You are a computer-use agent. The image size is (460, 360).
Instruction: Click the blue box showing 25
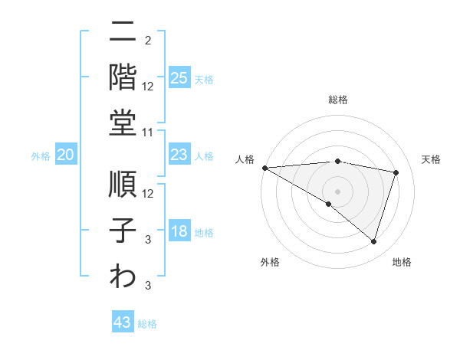[179, 77]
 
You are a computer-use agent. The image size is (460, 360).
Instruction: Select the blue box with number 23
[179, 155]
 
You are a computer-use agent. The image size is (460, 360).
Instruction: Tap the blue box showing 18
[179, 232]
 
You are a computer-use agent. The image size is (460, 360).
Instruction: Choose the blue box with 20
[66, 155]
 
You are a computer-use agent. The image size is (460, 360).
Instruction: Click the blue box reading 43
[123, 322]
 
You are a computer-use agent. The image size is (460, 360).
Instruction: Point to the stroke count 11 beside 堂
[149, 133]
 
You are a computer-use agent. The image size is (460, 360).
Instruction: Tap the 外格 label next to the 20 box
[41, 156]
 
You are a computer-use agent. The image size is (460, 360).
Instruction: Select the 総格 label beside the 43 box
[147, 324]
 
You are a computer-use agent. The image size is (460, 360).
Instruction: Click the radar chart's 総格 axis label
[337, 100]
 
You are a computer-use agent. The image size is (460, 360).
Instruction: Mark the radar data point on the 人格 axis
[264, 167]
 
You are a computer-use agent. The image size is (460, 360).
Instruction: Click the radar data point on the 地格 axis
[373, 241]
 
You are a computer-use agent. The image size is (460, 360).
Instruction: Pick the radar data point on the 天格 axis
[396, 172]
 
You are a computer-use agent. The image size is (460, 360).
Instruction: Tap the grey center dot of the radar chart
[337, 190]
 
